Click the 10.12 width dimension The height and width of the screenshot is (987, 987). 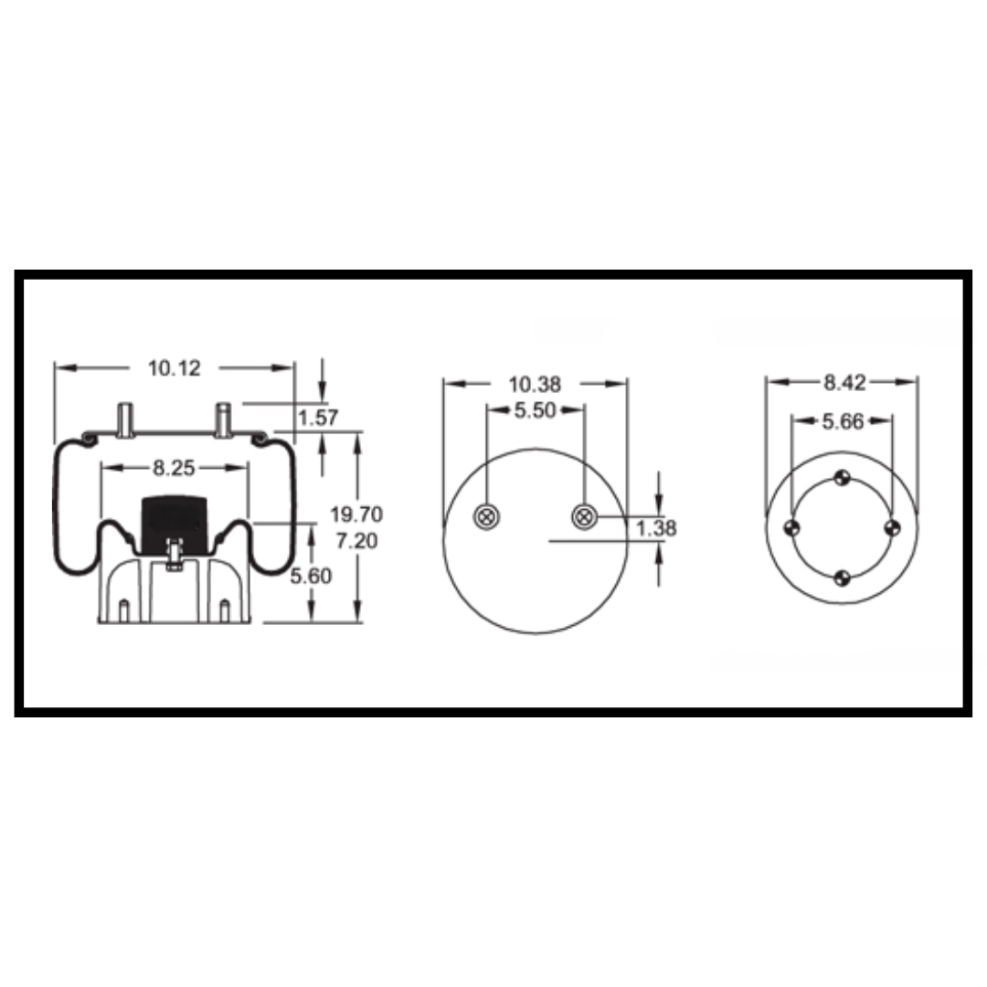[174, 368]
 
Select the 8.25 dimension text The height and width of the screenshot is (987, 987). [173, 468]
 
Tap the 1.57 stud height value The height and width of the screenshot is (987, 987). [319, 419]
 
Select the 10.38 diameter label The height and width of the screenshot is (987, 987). [536, 384]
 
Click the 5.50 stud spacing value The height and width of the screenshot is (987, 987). [536, 411]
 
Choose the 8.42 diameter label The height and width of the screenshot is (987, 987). [843, 383]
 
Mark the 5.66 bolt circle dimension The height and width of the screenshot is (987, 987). [843, 421]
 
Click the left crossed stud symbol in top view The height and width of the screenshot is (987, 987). [486, 518]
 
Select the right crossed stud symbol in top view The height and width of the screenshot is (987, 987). [584, 518]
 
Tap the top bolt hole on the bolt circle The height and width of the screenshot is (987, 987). [843, 477]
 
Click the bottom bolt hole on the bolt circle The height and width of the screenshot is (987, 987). [843, 577]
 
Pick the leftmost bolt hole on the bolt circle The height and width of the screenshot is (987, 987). [792, 527]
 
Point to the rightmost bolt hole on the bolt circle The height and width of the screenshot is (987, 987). [893, 527]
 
